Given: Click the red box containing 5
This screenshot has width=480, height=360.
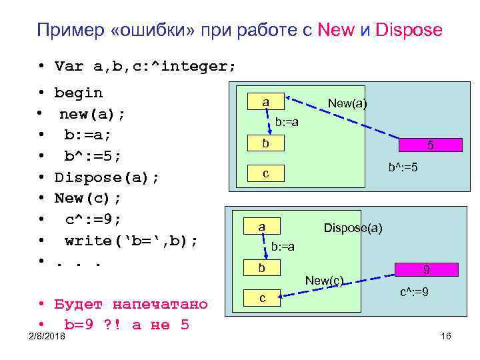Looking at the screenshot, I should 430,145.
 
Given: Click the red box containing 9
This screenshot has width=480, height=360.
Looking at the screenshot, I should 426,270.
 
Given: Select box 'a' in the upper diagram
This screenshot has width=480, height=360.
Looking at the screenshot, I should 265,101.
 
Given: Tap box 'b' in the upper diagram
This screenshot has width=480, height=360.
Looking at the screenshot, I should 265,143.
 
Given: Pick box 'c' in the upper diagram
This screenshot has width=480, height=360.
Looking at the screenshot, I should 265,173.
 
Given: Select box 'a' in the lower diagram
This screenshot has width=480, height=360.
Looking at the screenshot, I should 261,227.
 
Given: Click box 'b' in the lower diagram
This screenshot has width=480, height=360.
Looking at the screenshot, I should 261,268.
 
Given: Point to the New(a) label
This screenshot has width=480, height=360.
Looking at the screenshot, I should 347,103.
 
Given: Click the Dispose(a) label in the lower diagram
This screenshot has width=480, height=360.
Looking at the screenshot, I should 353,228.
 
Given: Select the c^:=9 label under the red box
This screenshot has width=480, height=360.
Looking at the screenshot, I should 414,292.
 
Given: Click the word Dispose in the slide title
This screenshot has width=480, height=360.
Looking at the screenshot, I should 409,30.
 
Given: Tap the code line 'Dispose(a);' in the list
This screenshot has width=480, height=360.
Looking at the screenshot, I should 107,177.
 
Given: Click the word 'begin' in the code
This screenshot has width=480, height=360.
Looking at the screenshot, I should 79,93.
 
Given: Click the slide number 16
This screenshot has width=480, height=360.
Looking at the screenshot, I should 446,336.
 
